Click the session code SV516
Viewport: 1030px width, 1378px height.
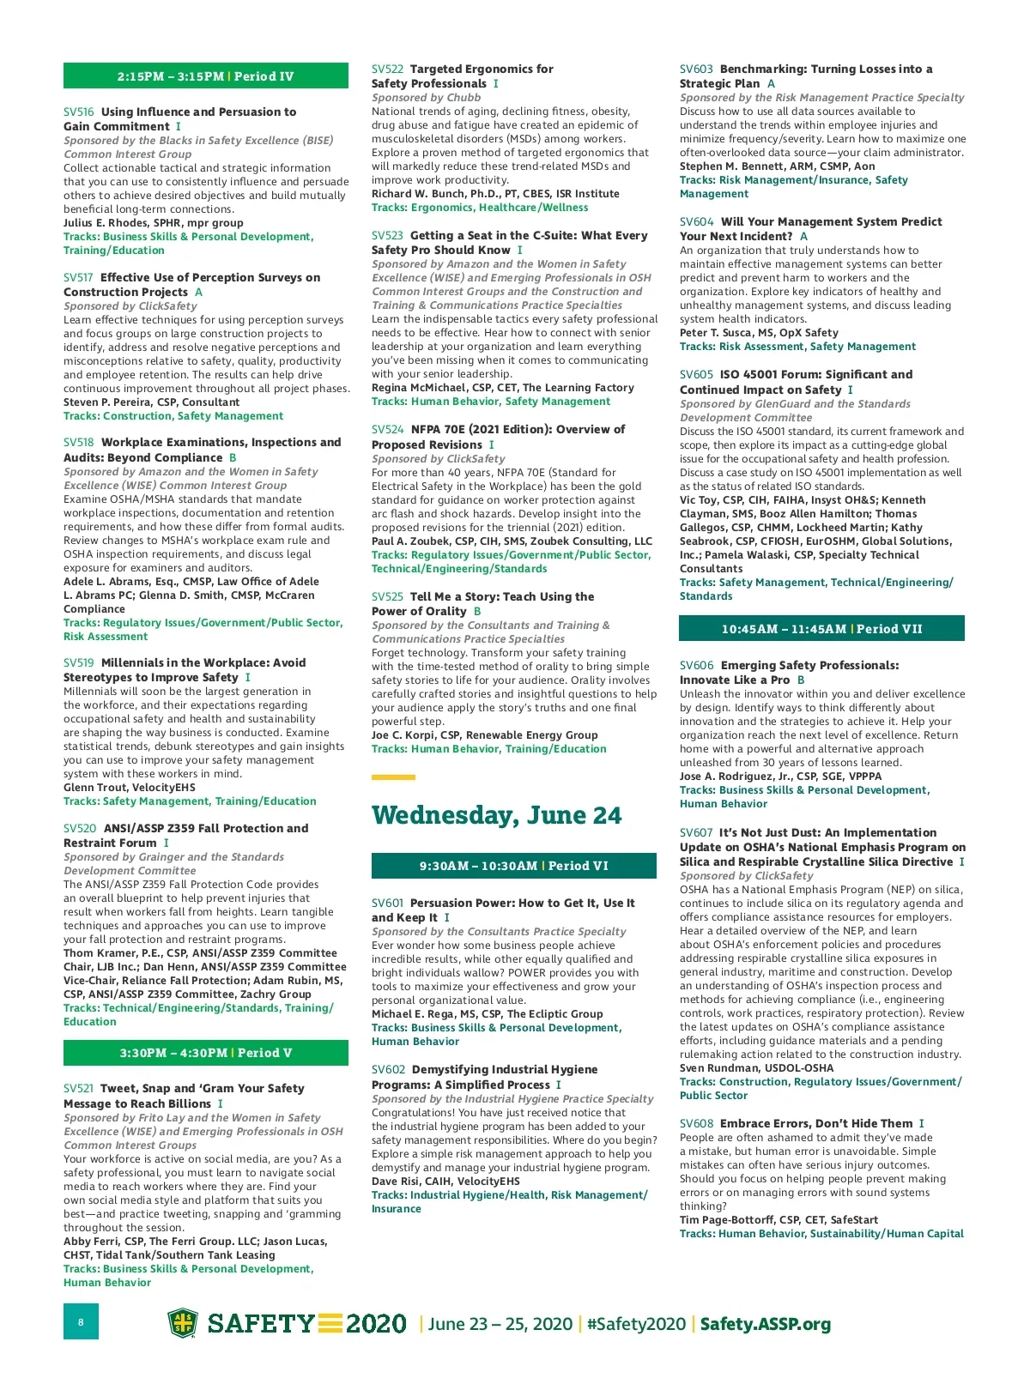tap(79, 112)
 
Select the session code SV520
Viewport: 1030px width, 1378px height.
tap(80, 829)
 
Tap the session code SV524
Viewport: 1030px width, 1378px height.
tap(387, 430)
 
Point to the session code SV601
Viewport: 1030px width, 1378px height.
tap(387, 904)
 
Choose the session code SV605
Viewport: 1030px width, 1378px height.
tap(696, 375)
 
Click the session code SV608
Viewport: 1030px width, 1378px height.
tap(696, 1124)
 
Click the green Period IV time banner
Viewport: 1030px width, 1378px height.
tap(206, 76)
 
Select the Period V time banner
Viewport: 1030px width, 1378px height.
tap(206, 1053)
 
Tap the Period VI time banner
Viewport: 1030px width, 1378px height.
tap(513, 866)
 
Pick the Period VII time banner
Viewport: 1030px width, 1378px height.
tap(821, 629)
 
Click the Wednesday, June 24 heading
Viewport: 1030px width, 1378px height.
tap(496, 815)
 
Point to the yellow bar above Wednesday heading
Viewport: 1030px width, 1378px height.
tap(393, 777)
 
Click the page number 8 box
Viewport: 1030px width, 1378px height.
tap(81, 1321)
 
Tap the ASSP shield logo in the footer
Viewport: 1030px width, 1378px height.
tap(182, 1323)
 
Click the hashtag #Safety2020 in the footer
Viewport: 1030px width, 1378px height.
tap(636, 1324)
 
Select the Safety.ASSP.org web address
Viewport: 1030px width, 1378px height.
tap(766, 1324)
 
